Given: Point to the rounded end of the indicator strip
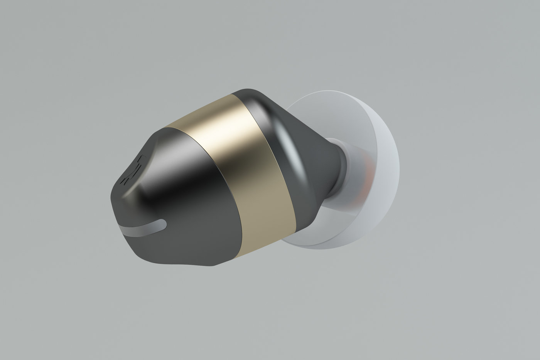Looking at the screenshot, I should [x=164, y=223].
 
